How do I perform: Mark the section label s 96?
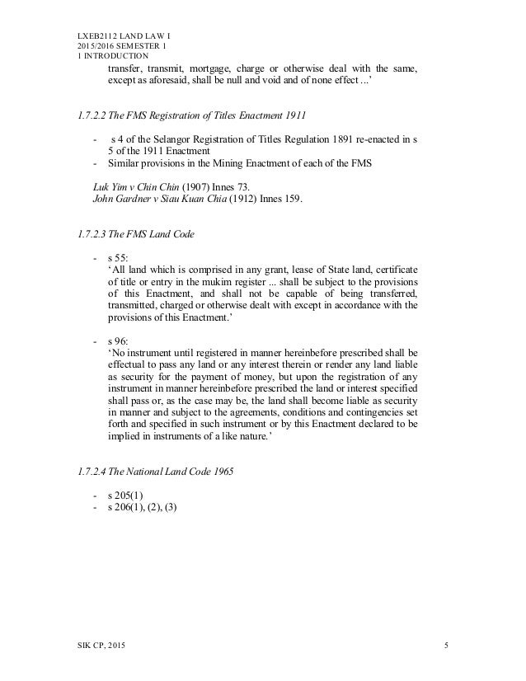[x=120, y=341]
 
